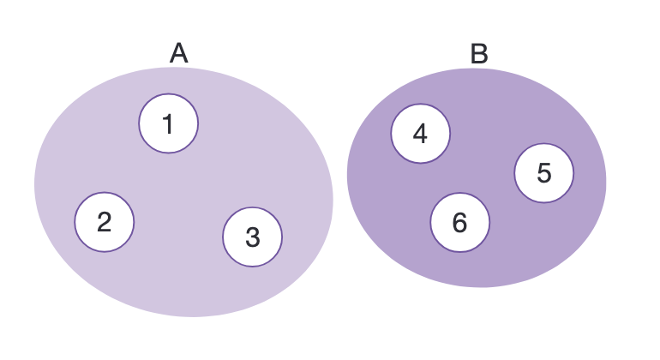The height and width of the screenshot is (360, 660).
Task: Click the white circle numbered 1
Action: tap(169, 123)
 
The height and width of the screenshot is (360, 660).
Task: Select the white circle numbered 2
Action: tap(105, 222)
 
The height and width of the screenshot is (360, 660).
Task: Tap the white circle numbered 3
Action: tap(252, 237)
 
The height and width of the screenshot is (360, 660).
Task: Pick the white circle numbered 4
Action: tap(420, 133)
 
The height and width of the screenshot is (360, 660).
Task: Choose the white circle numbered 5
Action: tap(544, 173)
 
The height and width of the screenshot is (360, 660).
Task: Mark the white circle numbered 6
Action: tap(460, 223)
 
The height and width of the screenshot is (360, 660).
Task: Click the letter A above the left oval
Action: tap(178, 54)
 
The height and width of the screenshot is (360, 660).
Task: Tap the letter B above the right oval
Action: tap(479, 54)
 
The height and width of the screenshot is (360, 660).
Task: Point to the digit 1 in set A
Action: tap(169, 124)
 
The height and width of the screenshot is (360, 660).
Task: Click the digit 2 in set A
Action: tap(105, 223)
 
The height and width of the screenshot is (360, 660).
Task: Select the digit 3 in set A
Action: tap(252, 237)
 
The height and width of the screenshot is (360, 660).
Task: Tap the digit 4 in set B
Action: tap(420, 134)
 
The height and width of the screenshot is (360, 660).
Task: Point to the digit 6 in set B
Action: tap(460, 224)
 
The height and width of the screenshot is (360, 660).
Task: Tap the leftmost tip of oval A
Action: tap(36, 184)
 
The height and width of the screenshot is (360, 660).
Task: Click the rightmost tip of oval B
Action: tap(604, 180)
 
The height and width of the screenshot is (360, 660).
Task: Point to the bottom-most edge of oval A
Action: tap(193, 315)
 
